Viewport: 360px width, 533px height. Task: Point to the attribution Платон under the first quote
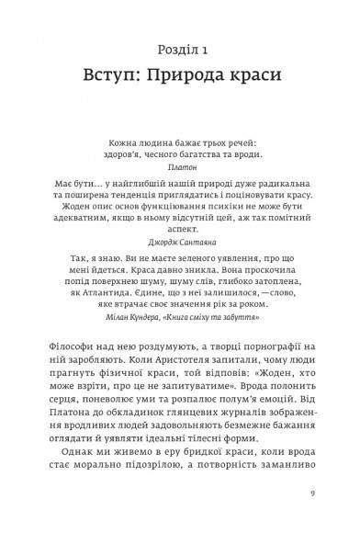pos(183,169)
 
